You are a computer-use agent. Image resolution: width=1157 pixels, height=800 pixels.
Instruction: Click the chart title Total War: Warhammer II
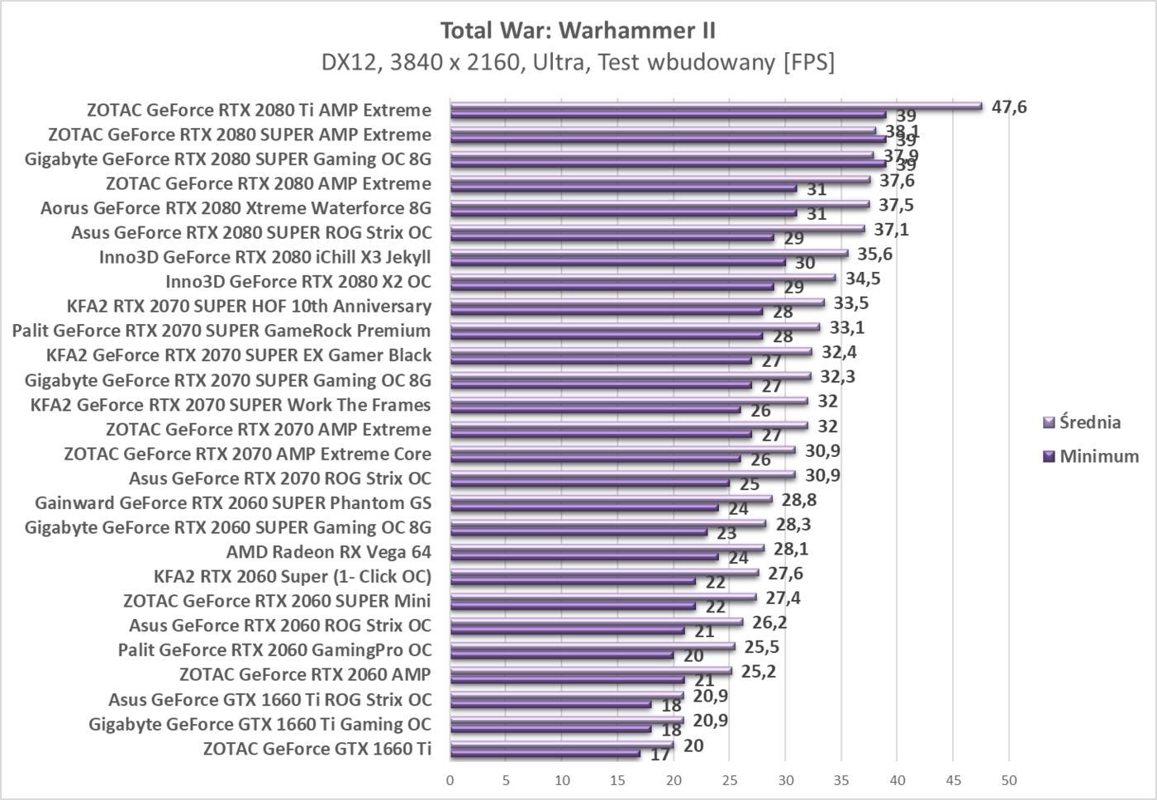578,31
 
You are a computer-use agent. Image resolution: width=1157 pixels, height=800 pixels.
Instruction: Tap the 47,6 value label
1009,107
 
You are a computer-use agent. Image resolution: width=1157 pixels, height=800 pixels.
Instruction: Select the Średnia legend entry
1089,422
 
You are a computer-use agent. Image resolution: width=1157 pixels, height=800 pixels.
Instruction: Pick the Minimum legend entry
1098,456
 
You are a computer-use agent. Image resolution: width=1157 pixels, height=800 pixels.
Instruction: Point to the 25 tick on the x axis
729,780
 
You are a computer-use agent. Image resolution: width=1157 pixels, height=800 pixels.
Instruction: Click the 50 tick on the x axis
1008,780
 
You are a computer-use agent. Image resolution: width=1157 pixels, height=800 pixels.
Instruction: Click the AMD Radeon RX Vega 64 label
328,552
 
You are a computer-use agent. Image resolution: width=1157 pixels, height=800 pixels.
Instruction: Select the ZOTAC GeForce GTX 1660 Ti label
317,749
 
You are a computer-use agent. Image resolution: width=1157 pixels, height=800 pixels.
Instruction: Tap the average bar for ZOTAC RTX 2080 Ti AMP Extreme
716,106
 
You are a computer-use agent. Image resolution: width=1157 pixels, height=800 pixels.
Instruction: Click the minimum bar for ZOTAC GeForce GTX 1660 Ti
545,753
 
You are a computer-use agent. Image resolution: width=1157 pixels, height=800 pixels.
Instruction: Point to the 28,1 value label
782,549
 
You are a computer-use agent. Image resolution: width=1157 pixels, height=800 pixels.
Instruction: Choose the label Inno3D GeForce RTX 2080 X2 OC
298,282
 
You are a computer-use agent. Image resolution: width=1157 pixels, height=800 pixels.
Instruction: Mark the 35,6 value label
874,254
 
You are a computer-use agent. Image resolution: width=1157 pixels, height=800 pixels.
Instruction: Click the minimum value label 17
660,755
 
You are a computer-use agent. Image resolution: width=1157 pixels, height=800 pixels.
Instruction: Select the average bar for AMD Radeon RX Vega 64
607,547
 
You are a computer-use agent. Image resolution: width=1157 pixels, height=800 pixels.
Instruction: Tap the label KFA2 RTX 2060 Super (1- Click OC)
293,577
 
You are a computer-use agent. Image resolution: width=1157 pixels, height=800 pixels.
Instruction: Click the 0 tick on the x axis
450,780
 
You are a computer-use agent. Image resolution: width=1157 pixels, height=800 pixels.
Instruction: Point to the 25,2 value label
758,671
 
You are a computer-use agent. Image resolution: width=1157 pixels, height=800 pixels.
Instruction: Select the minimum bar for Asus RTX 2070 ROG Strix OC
590,483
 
